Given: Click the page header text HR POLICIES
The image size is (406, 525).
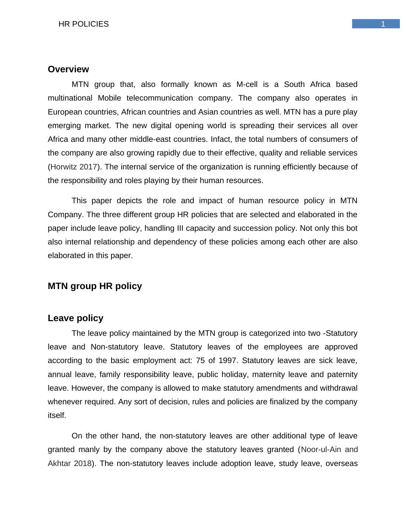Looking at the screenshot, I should tap(84, 24).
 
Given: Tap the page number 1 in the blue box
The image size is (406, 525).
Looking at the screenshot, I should tap(383, 24).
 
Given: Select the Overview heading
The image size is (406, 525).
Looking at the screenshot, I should tap(68, 69).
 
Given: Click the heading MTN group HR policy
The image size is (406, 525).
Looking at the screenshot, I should tap(95, 286).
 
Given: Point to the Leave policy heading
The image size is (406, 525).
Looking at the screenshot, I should tap(75, 318).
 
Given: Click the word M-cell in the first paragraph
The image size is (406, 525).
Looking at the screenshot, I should tap(247, 85).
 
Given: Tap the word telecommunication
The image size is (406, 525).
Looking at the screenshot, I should tap(159, 98).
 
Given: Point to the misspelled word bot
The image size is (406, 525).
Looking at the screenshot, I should tap(352, 228).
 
